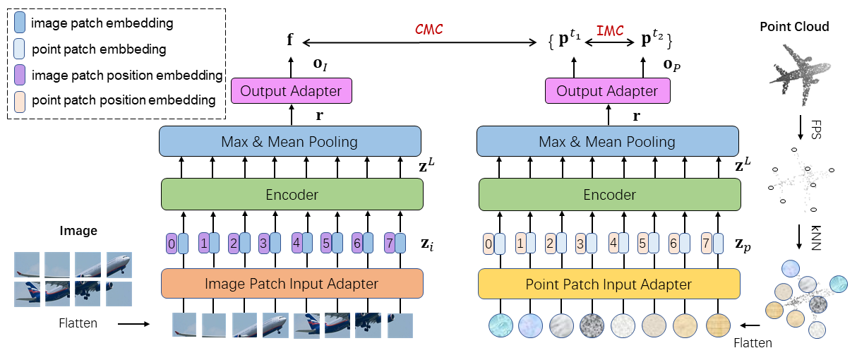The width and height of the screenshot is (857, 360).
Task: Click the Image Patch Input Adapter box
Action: pos(292,284)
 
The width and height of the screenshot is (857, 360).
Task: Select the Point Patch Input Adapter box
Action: pos(609,284)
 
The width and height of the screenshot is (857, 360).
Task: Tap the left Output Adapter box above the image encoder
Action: pos(291,91)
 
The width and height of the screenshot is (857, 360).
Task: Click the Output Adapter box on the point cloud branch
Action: pos(607,91)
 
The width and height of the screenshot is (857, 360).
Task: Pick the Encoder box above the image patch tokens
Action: pos(292,194)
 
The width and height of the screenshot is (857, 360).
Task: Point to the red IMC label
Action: pos(610,30)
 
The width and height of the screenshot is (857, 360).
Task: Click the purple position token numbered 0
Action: pos(172,244)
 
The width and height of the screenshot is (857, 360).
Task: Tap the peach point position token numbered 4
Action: pos(614,244)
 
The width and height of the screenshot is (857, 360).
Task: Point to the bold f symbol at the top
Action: pos(290,40)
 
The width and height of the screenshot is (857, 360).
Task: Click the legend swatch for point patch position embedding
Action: pos(20,100)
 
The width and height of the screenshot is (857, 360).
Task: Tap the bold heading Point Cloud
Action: pos(794,27)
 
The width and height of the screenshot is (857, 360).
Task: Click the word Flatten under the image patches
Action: pos(78,324)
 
